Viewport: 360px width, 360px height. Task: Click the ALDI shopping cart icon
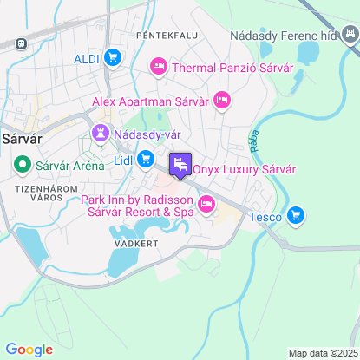point(112,58)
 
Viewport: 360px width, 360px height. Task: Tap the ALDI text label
point(87,58)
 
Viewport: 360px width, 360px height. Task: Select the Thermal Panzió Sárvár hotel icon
point(158,66)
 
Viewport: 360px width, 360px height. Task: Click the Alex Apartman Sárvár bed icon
point(221,101)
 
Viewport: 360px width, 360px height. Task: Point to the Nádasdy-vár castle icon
point(98,134)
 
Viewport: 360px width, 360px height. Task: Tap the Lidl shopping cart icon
point(146,158)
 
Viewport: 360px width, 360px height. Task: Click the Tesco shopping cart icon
point(297,213)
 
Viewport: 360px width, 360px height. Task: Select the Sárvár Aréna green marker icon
point(20,164)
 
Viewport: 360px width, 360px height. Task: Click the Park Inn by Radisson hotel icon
point(206,204)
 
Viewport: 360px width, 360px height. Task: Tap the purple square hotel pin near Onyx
point(180,164)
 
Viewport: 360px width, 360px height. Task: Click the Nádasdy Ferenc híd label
point(283,36)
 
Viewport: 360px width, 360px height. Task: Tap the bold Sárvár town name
point(23,137)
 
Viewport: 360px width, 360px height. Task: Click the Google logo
point(29,349)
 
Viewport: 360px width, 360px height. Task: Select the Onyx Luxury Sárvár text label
point(244,169)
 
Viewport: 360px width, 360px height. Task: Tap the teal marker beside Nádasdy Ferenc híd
point(350,36)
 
